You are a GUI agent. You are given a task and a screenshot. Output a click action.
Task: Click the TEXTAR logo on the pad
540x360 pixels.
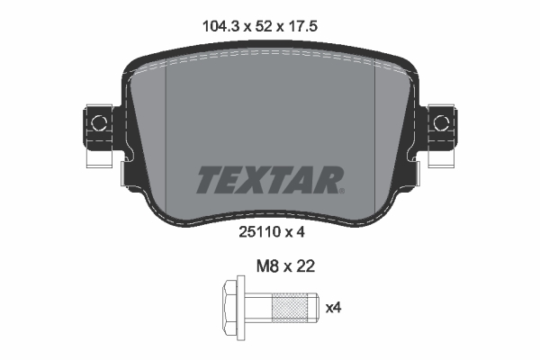click(x=269, y=179)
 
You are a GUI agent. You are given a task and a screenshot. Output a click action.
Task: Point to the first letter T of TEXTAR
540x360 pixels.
click(x=208, y=179)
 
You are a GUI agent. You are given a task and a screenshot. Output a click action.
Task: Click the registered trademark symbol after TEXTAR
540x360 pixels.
click(x=340, y=190)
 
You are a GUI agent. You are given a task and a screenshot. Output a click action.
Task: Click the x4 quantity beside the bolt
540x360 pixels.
click(x=332, y=308)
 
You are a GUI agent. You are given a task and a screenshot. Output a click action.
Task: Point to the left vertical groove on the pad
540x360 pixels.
click(x=168, y=117)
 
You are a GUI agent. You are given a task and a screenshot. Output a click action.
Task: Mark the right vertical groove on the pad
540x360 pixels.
click(x=373, y=117)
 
